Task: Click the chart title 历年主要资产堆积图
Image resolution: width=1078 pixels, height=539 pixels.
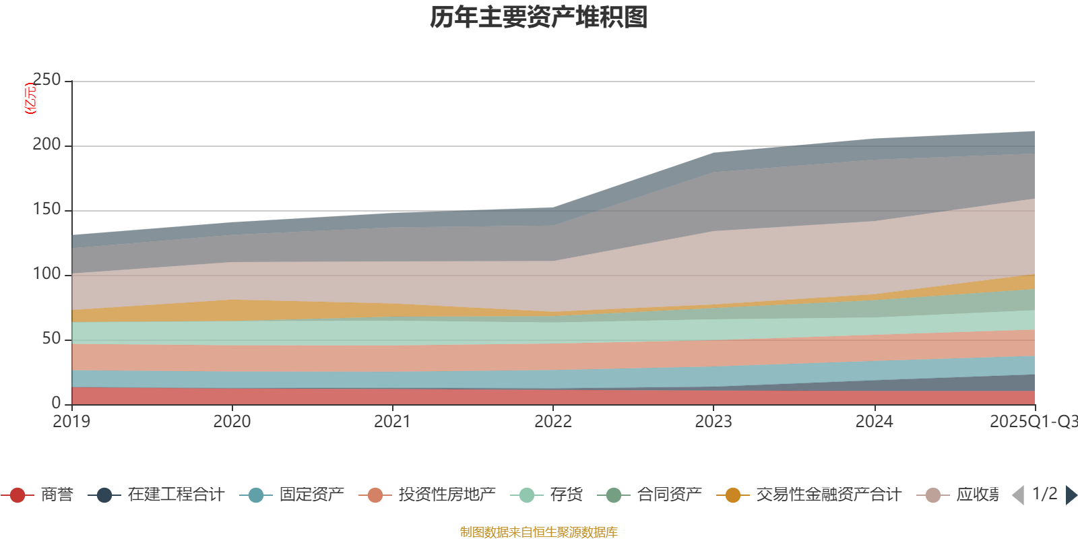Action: tap(539, 18)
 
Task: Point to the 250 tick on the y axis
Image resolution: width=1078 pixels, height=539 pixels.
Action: tap(46, 80)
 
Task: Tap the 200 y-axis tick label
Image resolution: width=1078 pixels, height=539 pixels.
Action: tap(46, 145)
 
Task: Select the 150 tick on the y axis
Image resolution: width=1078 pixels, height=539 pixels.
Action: tap(46, 210)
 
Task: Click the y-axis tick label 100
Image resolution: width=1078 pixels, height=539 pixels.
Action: tap(46, 274)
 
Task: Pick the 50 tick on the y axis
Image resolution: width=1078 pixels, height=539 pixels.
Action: tap(51, 339)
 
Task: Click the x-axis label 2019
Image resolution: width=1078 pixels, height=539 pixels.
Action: tap(71, 422)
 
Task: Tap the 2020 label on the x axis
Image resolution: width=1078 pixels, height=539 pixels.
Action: tap(232, 422)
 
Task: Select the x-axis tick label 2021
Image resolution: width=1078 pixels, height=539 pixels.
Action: tap(392, 422)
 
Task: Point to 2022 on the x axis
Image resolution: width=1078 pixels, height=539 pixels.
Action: tap(552, 422)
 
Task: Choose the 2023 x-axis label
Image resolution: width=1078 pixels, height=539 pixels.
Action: tap(713, 422)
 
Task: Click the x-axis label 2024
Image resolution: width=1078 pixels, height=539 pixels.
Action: tap(874, 422)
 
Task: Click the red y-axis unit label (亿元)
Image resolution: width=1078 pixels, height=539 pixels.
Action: tap(30, 98)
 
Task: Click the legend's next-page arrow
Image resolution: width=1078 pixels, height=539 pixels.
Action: tap(1071, 495)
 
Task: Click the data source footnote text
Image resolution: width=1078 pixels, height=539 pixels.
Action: tap(539, 532)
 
